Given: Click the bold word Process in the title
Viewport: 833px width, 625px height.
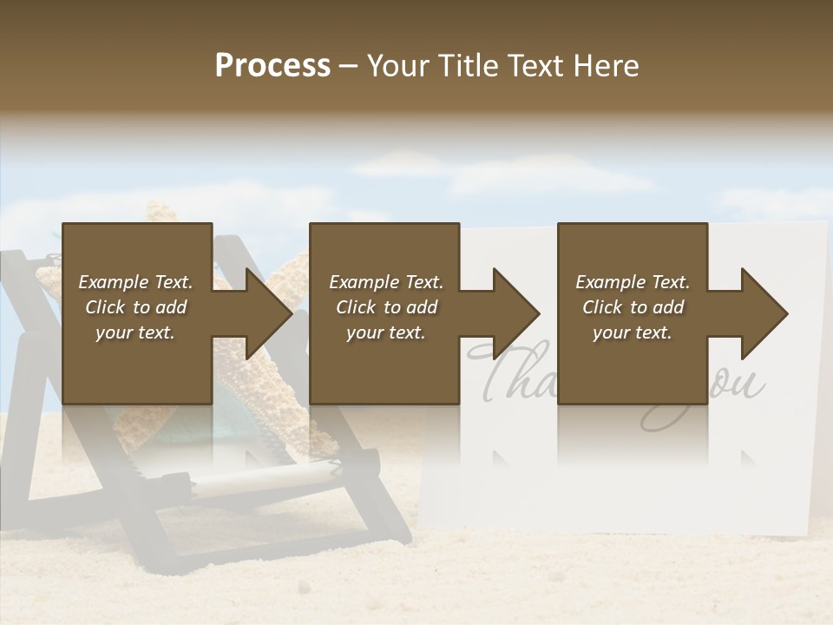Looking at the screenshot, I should tap(272, 66).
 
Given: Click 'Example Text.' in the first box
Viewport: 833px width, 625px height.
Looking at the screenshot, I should tap(135, 282).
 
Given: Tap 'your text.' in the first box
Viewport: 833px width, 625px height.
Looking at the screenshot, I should tap(135, 332).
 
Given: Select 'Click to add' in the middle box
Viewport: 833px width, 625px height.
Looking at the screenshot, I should tap(386, 307).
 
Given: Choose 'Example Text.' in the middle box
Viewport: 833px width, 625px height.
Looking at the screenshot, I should tap(386, 282).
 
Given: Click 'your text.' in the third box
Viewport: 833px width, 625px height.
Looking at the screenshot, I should tap(633, 332).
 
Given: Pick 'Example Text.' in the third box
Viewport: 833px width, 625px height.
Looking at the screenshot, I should tap(633, 282).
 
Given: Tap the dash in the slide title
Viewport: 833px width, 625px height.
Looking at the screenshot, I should tap(348, 67).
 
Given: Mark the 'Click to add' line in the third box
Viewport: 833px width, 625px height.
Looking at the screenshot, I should tap(633, 307).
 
